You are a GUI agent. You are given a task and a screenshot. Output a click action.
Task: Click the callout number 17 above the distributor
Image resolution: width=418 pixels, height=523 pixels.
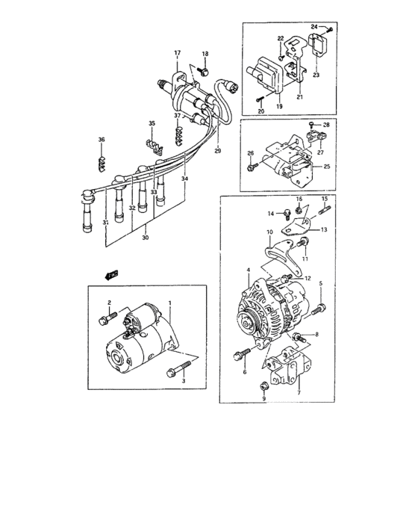pos(178,52)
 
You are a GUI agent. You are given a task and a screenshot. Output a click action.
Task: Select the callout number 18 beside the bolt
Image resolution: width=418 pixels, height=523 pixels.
pos(205,54)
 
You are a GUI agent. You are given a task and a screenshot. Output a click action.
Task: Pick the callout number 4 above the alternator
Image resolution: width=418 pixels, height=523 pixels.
pos(249,269)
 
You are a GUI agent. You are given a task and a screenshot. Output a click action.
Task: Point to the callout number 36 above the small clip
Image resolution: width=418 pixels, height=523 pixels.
pos(102,140)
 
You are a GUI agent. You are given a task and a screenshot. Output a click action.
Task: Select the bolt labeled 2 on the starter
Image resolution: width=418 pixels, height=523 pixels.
pos(104,321)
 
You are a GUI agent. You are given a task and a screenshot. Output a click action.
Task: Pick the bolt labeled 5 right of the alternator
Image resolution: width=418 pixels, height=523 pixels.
pos(321,306)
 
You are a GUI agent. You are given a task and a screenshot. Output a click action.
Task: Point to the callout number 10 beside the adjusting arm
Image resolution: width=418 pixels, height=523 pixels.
pos(269,233)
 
